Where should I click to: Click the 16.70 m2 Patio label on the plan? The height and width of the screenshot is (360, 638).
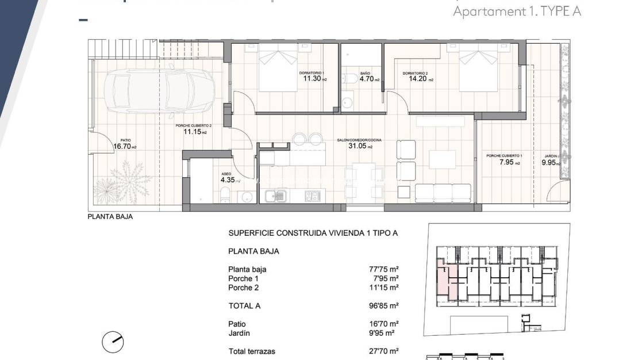point(125,147)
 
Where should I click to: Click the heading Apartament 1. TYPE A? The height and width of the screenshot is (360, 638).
point(517,11)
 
